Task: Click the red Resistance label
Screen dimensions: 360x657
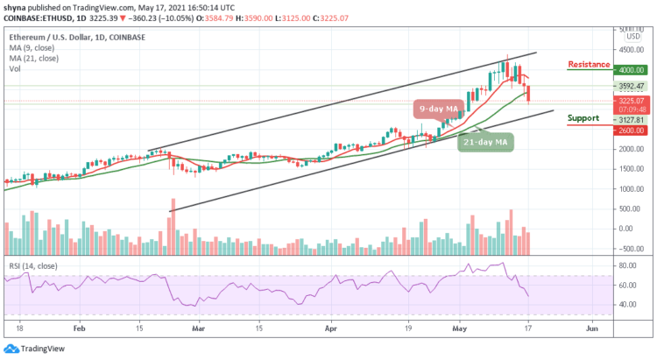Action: tap(588, 65)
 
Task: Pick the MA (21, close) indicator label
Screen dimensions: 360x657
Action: tap(34, 57)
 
